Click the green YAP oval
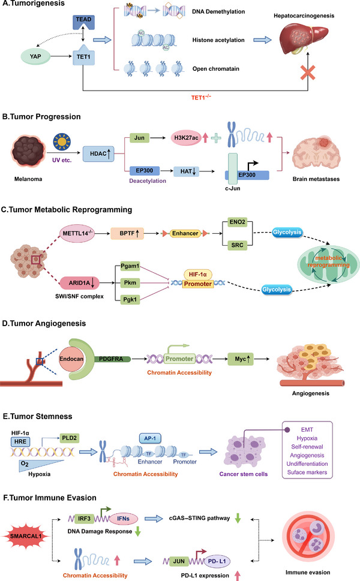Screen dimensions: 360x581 click(35, 56)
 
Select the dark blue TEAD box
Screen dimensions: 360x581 click(83, 22)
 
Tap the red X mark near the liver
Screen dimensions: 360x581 click(308, 73)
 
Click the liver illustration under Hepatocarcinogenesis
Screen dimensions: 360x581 click(303, 37)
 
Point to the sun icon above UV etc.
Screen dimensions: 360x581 click(62, 142)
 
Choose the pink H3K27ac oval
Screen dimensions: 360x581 click(186, 138)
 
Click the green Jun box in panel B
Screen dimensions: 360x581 click(139, 138)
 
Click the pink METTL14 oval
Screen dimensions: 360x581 click(77, 233)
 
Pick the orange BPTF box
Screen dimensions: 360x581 click(127, 233)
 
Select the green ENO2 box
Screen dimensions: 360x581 click(237, 222)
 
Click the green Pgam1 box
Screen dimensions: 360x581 click(130, 266)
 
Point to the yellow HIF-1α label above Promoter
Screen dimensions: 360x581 click(197, 275)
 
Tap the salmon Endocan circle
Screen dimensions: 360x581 click(71, 359)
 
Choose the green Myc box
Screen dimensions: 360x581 click(241, 359)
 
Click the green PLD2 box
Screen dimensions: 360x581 click(70, 438)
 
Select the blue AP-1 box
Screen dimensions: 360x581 click(150, 438)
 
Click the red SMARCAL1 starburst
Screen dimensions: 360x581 click(26, 536)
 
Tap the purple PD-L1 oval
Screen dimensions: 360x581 click(217, 561)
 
